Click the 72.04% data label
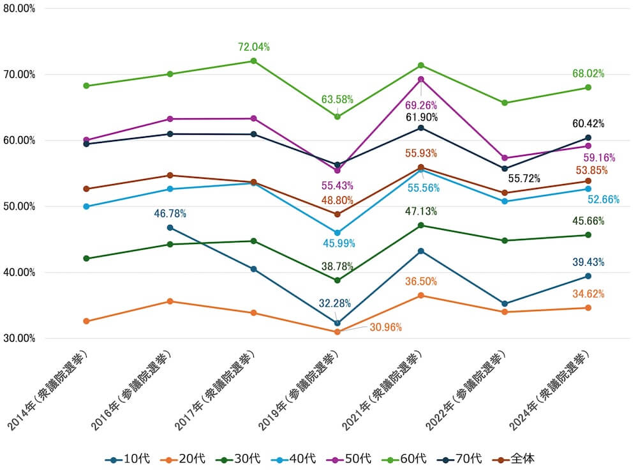[x=253, y=47]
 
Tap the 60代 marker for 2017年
[x=253, y=61]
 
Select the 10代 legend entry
[x=130, y=459]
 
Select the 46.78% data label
[x=170, y=213]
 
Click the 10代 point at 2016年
[x=170, y=227]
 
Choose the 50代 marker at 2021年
[x=421, y=79]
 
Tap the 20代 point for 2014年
[x=86, y=321]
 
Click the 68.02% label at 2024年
[x=588, y=73]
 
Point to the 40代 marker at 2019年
[x=338, y=233]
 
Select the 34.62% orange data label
[x=588, y=294]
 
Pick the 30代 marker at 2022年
[x=505, y=241]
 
